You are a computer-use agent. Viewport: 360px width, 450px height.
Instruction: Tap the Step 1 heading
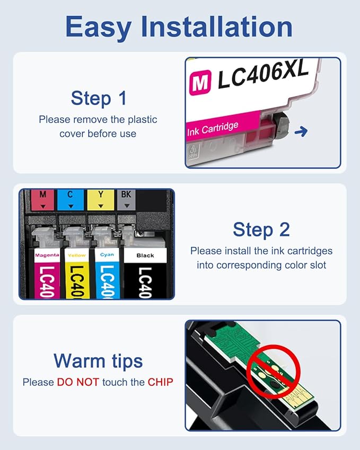tap(99, 98)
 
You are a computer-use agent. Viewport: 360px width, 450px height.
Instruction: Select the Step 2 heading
tap(261, 230)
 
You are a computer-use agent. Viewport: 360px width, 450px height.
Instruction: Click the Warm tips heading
tap(98, 361)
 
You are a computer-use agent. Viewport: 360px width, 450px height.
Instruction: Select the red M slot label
tap(43, 199)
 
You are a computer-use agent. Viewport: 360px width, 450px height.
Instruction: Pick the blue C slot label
tap(70, 199)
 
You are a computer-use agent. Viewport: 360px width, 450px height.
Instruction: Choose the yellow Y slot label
tap(100, 199)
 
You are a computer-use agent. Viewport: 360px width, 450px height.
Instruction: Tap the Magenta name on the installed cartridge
tap(47, 255)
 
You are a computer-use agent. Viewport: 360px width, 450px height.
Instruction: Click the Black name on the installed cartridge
tap(145, 255)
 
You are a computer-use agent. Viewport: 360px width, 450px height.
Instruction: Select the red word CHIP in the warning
tap(160, 382)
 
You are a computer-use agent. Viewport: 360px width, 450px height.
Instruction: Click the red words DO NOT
tap(78, 382)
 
